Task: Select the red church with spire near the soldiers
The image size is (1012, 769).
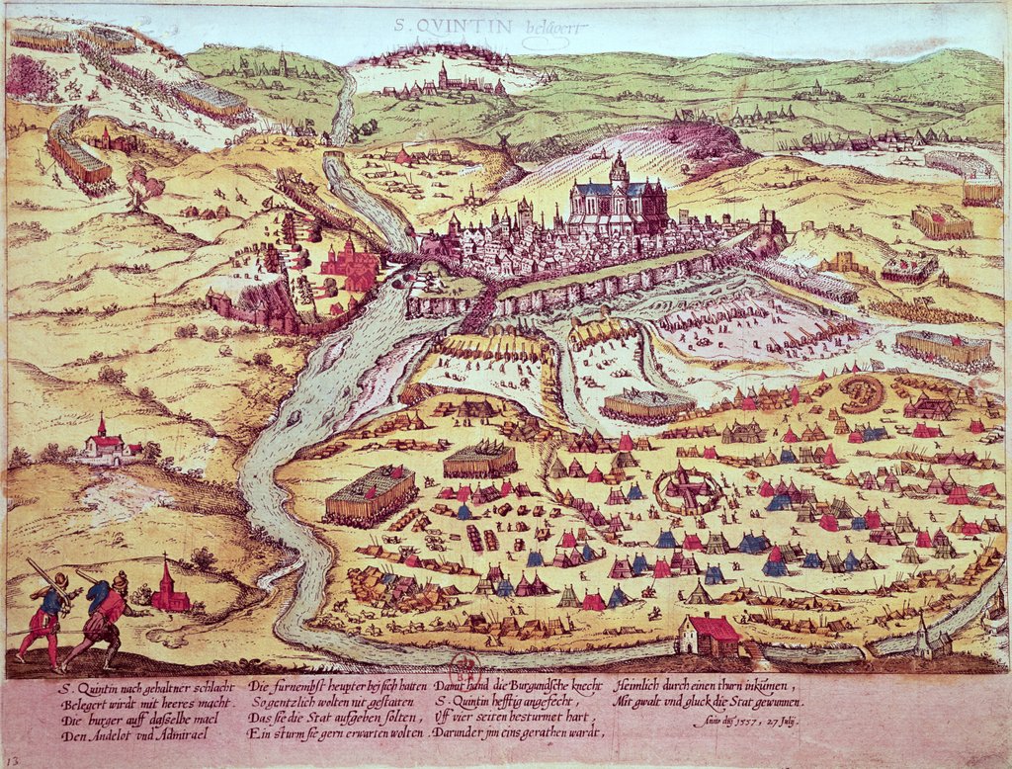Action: coord(169,588)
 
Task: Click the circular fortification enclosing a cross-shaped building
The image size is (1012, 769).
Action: coord(689,488)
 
